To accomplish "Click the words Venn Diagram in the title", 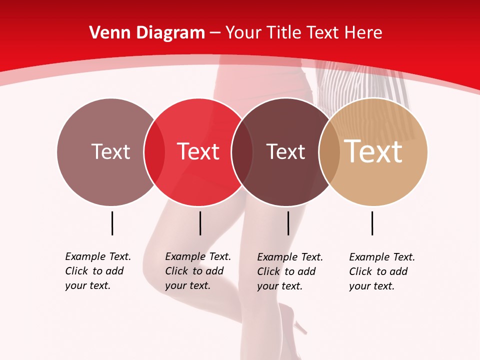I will [147, 33].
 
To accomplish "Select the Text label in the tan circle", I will [373, 151].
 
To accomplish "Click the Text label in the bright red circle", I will [198, 151].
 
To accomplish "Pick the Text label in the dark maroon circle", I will [285, 151].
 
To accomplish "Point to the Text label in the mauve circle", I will [110, 151].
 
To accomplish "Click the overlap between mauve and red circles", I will [154, 152].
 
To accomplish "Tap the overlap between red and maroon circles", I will [242, 152].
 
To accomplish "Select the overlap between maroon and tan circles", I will [329, 152].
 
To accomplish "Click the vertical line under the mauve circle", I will [112, 223].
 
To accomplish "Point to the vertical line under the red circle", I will [200, 223].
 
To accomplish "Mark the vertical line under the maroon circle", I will [288, 223].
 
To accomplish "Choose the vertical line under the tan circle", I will [372, 223].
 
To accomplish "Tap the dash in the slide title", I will [215, 33].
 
